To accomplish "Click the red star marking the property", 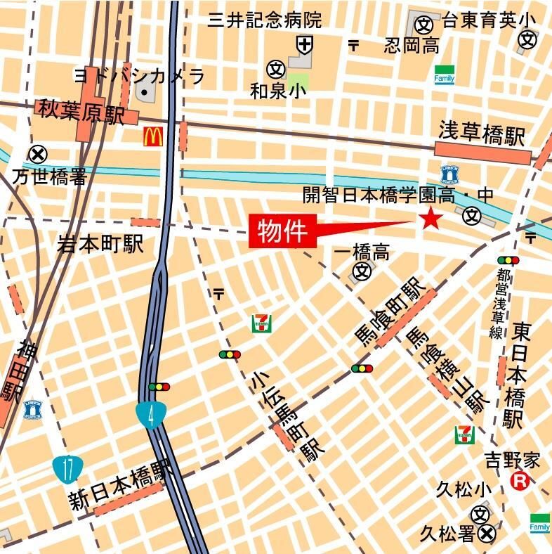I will point(430,219).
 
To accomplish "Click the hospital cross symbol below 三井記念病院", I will point(305,45).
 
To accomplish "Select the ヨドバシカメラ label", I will point(139,75).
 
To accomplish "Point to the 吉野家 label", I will point(513,461).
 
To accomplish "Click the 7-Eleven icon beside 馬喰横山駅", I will point(464,434).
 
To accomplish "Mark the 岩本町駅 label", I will point(100,244).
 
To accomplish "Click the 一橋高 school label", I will point(362,252).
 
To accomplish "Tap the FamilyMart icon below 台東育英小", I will point(444,75).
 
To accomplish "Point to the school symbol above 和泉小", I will point(275,69).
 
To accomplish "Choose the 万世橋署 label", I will point(49,176).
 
